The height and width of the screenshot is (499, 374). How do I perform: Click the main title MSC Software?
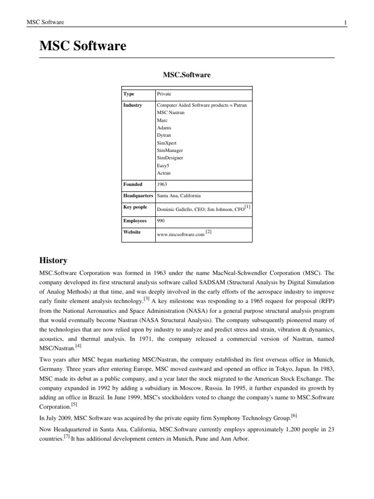coord(83,46)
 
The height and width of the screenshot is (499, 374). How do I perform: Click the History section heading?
coord(53,261)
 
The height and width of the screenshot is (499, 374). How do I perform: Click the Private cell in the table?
coord(164,94)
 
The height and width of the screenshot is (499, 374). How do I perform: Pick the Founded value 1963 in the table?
coord(162,184)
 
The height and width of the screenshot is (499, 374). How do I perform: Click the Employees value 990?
coord(161,221)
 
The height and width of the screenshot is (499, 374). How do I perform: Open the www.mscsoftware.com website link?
coord(180,234)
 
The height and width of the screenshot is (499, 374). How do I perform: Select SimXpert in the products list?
coord(167,142)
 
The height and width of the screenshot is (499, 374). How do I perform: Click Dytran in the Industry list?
coord(164,135)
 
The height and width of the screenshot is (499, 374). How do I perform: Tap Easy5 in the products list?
coord(163,166)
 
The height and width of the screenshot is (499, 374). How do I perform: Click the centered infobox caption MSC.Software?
coord(187,75)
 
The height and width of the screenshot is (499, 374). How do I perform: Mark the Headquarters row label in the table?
coord(139,195)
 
